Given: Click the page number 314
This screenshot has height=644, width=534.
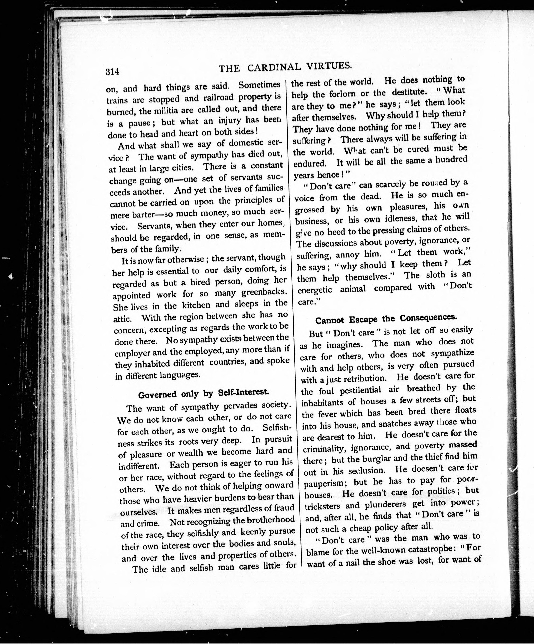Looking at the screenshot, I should [112, 71].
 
